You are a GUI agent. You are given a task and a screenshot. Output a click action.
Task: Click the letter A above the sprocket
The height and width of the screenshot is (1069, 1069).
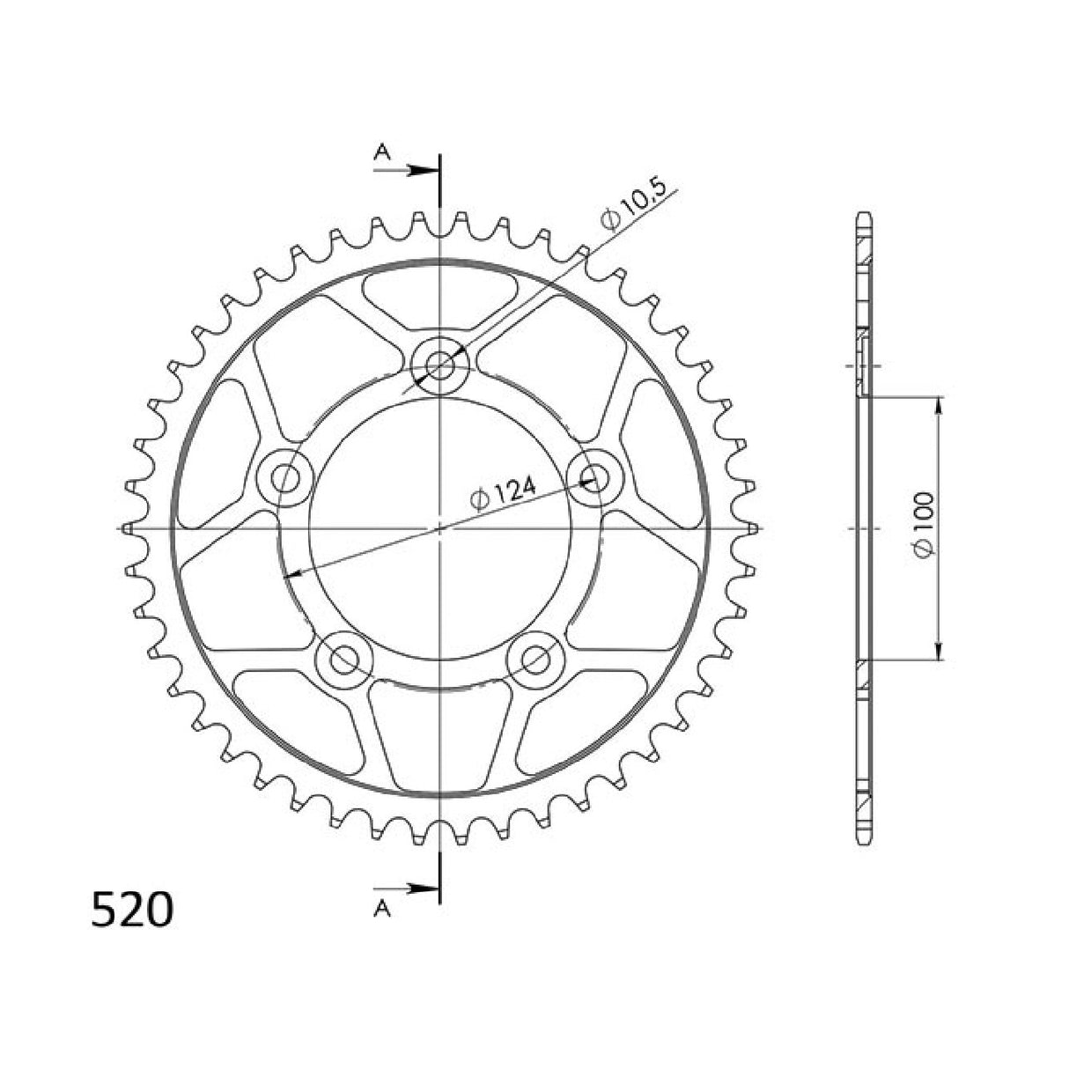381,152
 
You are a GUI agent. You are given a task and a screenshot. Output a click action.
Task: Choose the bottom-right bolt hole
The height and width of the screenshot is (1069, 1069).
536,658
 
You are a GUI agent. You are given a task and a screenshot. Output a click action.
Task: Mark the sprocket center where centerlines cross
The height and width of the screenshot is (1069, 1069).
439,528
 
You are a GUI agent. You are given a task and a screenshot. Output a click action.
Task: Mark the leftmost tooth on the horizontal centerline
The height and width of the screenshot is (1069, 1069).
128,528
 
